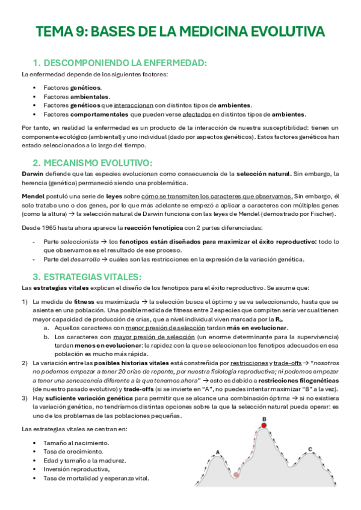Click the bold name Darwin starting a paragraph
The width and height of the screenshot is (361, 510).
(x=32, y=174)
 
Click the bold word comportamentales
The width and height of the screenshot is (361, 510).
(x=98, y=114)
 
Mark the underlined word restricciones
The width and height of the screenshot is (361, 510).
(x=245, y=363)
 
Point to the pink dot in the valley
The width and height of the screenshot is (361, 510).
(x=236, y=475)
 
